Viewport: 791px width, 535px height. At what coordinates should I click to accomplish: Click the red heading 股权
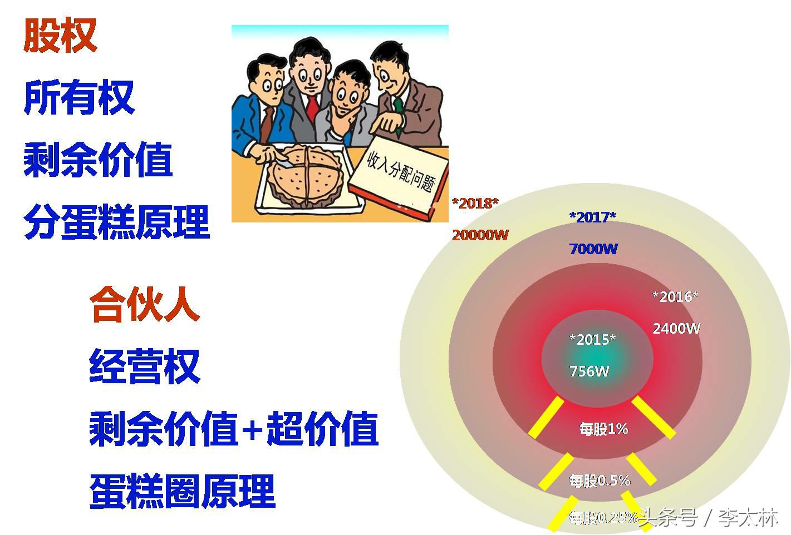pos(60,36)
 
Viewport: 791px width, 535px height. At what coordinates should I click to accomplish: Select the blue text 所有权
pos(79,98)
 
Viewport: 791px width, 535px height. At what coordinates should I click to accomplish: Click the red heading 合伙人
pos(144,304)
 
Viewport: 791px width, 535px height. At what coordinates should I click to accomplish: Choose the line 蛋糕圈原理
pos(182,491)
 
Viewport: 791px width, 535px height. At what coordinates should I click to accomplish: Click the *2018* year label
pos(475,203)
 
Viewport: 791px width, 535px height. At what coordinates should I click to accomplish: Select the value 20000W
pos(480,235)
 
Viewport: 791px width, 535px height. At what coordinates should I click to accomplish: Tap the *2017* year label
pos(592,217)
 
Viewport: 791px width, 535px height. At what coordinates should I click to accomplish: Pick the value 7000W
pos(593,249)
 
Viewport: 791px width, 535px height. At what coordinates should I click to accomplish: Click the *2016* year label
pos(675,296)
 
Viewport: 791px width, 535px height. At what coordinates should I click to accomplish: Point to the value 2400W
pos(676,328)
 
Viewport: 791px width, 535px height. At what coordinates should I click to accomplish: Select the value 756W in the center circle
pos(589,371)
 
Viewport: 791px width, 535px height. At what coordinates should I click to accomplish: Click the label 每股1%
pos(603,429)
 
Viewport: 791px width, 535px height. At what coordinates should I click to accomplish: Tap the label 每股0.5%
pos(599,480)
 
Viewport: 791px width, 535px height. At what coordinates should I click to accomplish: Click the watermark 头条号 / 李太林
pos(708,518)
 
